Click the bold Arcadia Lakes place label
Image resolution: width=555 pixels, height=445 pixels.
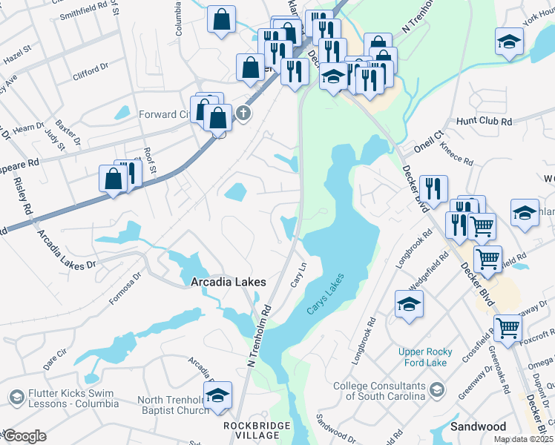tap(228, 282)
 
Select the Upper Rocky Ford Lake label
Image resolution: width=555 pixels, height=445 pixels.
tap(422, 357)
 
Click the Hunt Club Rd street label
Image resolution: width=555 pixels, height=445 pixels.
tap(485, 121)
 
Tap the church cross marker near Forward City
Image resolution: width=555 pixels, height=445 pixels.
tap(243, 113)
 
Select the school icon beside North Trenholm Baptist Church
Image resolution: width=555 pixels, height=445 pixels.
tap(217, 396)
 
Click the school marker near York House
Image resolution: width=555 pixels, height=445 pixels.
tap(509, 42)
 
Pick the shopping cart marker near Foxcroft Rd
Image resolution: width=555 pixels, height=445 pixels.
tap(508, 326)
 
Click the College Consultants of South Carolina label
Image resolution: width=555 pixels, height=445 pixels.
tap(378, 391)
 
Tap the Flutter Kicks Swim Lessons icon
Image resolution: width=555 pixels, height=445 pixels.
tap(15, 398)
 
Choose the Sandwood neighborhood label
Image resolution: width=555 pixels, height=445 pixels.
tap(478, 426)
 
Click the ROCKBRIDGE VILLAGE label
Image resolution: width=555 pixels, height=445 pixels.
tap(253, 431)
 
